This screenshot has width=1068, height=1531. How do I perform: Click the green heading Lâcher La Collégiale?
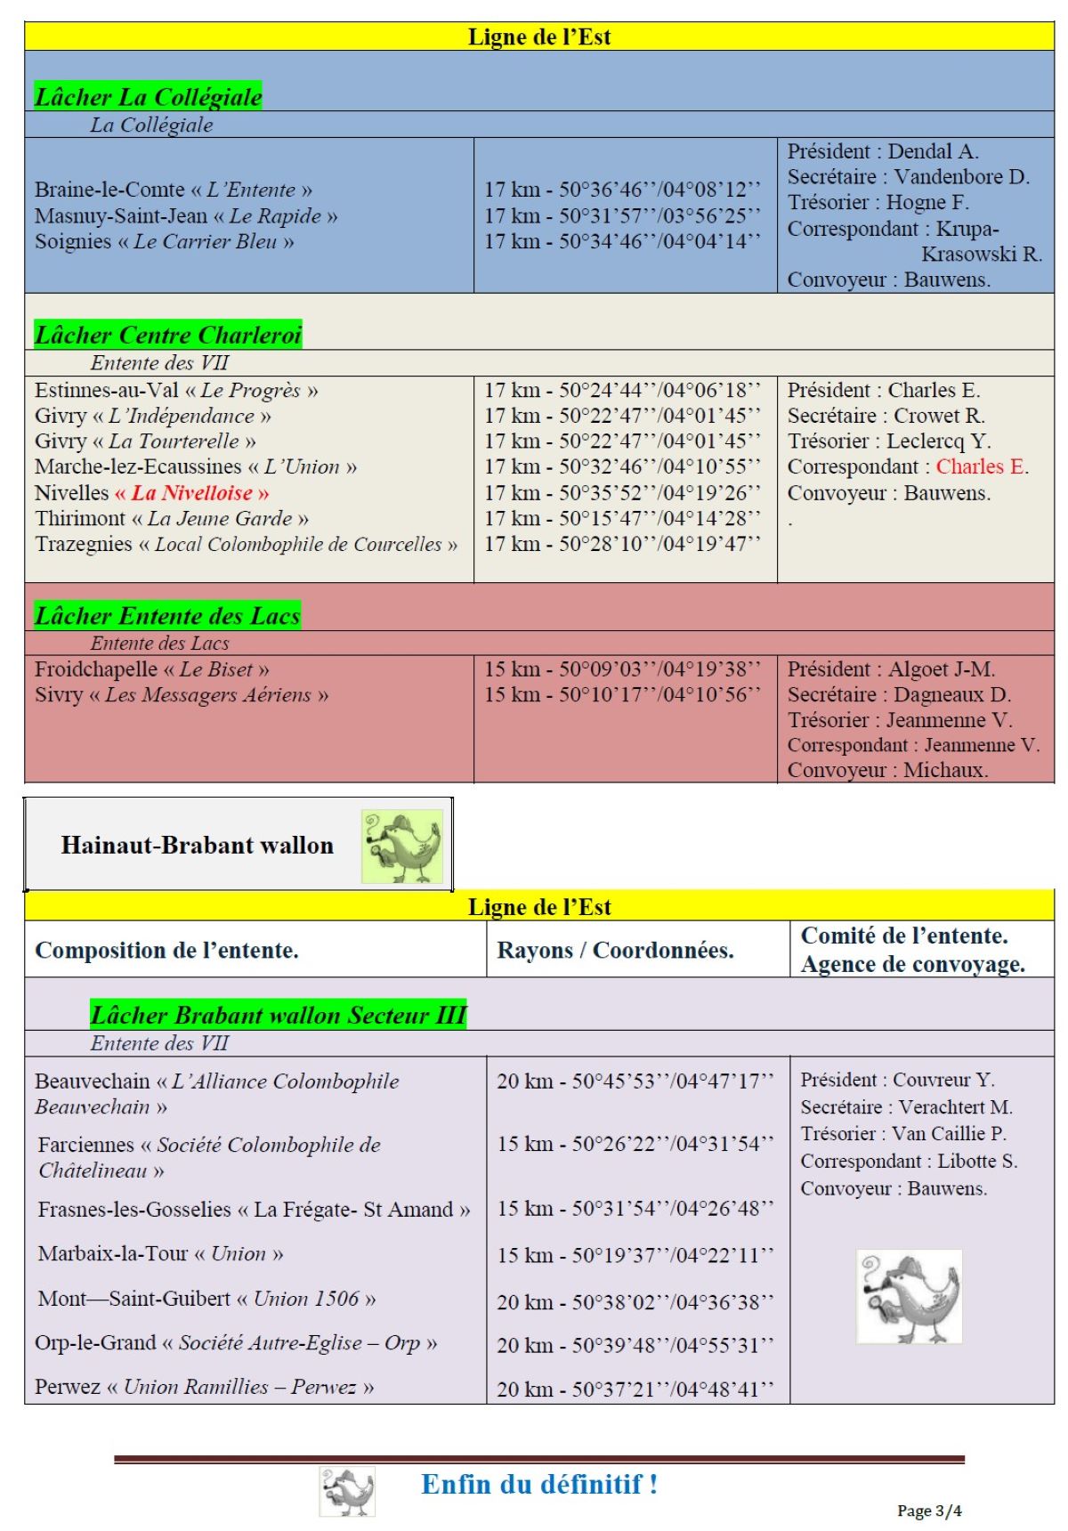[148, 96]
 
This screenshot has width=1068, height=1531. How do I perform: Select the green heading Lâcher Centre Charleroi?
[167, 335]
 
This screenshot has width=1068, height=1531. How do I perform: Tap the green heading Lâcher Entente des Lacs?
[166, 615]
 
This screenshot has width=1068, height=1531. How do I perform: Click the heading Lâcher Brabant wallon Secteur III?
[278, 1015]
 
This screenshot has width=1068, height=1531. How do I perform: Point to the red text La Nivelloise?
[191, 492]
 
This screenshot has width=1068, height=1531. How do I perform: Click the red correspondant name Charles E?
[982, 466]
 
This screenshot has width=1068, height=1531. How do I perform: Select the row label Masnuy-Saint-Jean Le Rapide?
[186, 215]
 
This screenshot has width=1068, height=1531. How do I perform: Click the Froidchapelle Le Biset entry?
[151, 668]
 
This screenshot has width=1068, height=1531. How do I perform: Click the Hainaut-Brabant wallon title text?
[197, 845]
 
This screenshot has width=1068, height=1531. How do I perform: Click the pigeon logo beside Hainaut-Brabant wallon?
[402, 846]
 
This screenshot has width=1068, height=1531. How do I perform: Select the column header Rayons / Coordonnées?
[615, 950]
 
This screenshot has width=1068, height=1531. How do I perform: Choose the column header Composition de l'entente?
[166, 950]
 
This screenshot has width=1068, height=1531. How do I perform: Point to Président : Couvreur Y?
[897, 1080]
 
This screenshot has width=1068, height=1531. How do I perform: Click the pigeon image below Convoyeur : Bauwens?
[909, 1295]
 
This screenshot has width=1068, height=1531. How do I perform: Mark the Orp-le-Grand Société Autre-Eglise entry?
[236, 1342]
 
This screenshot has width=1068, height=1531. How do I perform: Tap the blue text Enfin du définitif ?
[539, 1484]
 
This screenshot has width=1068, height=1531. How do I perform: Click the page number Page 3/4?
[929, 1511]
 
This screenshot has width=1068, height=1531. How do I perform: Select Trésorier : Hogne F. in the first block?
[878, 202]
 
